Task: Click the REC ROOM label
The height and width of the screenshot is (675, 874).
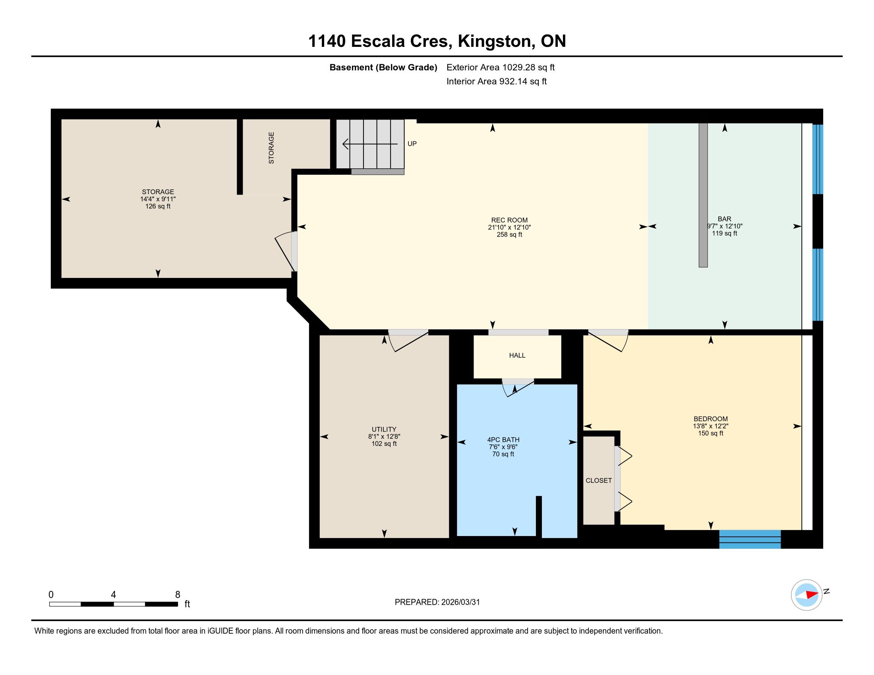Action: click(x=509, y=220)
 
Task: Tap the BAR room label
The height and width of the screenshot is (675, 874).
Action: click(x=724, y=219)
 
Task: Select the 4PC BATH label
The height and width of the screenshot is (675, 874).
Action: click(x=503, y=440)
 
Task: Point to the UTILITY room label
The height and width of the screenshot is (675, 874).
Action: click(x=384, y=430)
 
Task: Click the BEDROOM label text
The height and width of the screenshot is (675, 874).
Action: click(x=710, y=419)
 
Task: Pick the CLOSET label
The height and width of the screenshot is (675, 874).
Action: click(x=599, y=480)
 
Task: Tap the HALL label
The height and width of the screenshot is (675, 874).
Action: click(x=517, y=355)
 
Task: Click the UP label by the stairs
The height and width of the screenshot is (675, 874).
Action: click(x=412, y=144)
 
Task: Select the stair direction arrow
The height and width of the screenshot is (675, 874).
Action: click(x=370, y=144)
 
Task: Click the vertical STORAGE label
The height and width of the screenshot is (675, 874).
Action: click(x=271, y=148)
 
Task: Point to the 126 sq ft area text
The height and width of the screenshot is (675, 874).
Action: click(x=158, y=206)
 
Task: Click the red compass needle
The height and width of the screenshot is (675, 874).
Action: click(x=812, y=595)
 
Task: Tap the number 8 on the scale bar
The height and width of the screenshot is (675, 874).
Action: click(x=178, y=595)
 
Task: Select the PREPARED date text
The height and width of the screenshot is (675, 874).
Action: click(x=437, y=602)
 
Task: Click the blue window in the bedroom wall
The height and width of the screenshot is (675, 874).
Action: click(x=750, y=539)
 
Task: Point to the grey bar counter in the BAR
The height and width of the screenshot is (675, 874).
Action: click(x=703, y=195)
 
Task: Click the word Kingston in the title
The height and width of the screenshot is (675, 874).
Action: click(x=495, y=41)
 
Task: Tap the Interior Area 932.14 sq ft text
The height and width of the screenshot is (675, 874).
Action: click(x=497, y=81)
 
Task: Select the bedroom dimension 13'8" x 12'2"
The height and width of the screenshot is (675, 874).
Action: click(x=710, y=426)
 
